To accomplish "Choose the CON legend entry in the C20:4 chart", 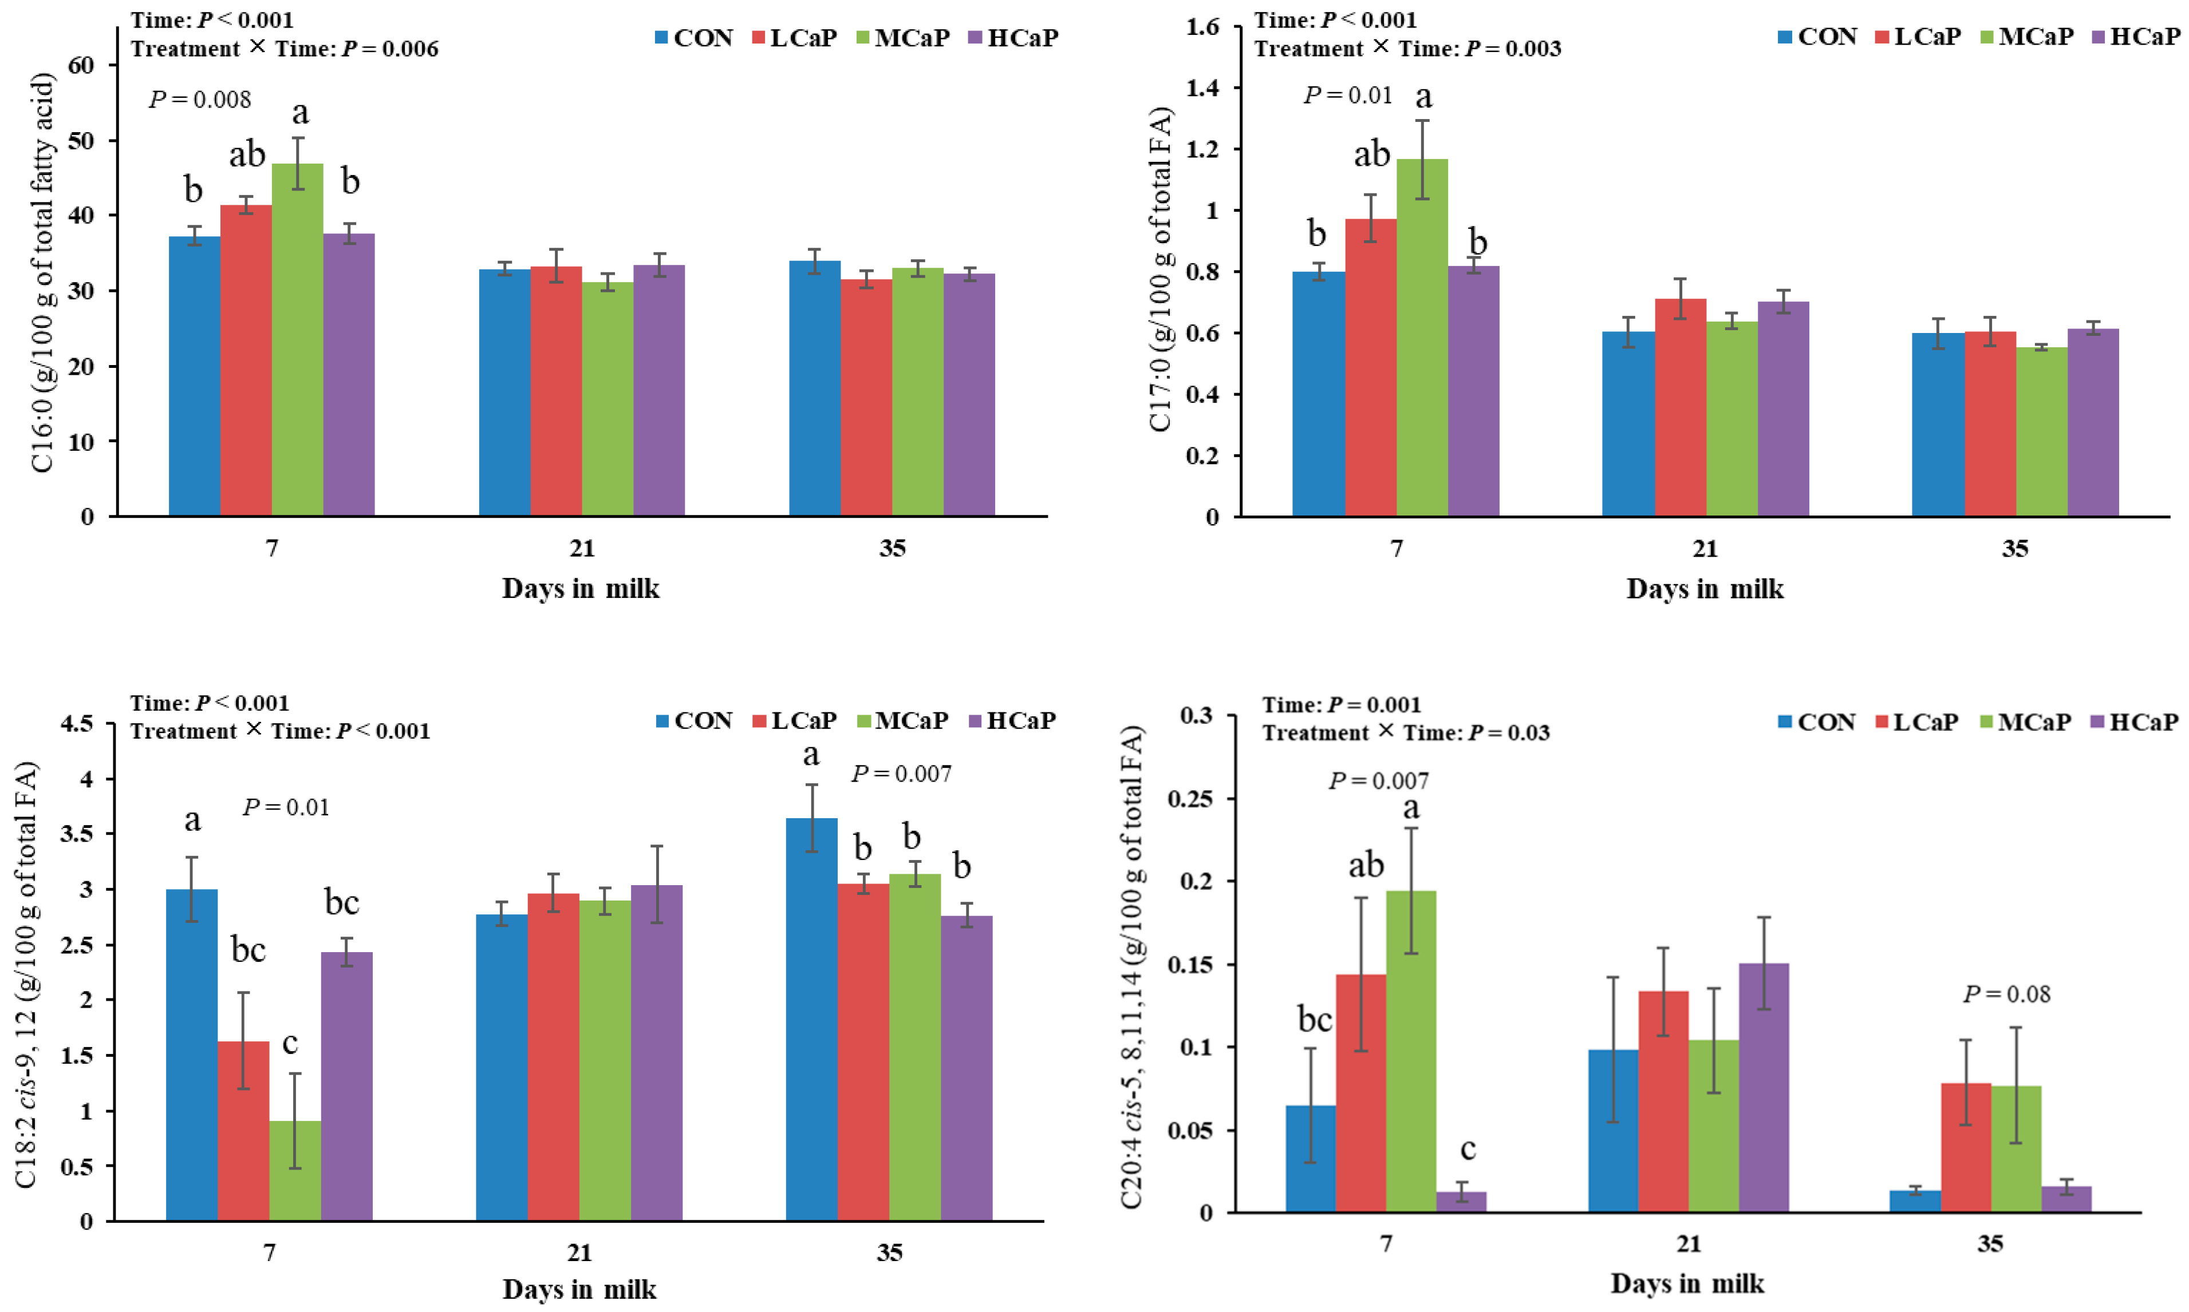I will pos(1817,722).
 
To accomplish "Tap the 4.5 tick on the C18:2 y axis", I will pos(76,724).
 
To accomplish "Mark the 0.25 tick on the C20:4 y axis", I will pos(1192,798).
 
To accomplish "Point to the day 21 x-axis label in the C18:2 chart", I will pos(579,1252).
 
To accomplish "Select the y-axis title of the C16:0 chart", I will pos(42,272).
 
